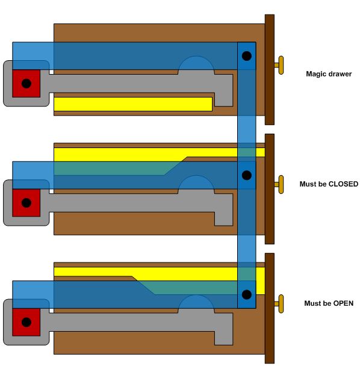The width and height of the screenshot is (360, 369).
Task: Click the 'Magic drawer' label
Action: pos(329,74)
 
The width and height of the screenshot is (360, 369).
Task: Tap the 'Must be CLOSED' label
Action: pos(329,184)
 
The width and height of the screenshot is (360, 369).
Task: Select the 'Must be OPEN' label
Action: pos(329,303)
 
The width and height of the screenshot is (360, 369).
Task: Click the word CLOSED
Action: pos(343,184)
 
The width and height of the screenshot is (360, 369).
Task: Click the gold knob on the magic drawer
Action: pos(279,65)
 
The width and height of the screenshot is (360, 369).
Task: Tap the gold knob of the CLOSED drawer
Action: pos(279,184)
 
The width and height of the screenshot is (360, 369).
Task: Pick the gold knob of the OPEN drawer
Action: pos(279,304)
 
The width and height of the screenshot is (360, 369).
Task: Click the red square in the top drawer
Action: pos(26,83)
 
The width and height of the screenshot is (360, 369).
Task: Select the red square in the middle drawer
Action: pos(26,203)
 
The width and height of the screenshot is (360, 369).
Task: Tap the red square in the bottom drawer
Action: pos(26,322)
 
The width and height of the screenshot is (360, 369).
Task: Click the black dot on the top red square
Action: pos(26,83)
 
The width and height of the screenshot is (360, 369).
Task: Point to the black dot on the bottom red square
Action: pos(26,322)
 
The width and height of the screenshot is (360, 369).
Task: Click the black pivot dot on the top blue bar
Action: pos(247,56)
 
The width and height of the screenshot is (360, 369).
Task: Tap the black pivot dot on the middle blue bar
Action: pos(247,175)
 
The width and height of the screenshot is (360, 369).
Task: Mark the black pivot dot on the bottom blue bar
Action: pos(247,294)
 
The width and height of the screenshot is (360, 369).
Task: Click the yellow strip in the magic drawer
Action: pos(133,104)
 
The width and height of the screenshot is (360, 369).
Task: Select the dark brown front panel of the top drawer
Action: pos(270,70)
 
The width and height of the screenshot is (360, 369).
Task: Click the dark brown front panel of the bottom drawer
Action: pos(270,308)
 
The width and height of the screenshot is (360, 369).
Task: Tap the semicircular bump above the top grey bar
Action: pos(196,63)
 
